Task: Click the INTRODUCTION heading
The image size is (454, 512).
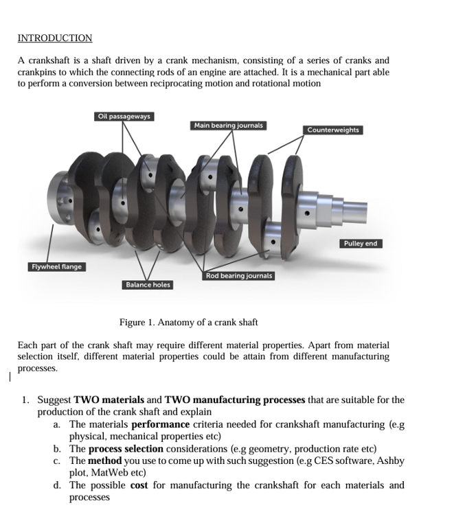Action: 54,38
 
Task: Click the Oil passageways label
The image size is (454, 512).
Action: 124,116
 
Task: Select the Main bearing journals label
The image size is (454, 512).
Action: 228,126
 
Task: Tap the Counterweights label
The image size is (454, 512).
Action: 332,130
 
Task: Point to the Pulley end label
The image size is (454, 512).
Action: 361,244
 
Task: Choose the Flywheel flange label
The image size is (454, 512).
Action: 56,266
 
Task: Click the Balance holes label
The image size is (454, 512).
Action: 148,284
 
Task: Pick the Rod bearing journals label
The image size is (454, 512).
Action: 239,275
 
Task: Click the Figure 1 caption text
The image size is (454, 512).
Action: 188,323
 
